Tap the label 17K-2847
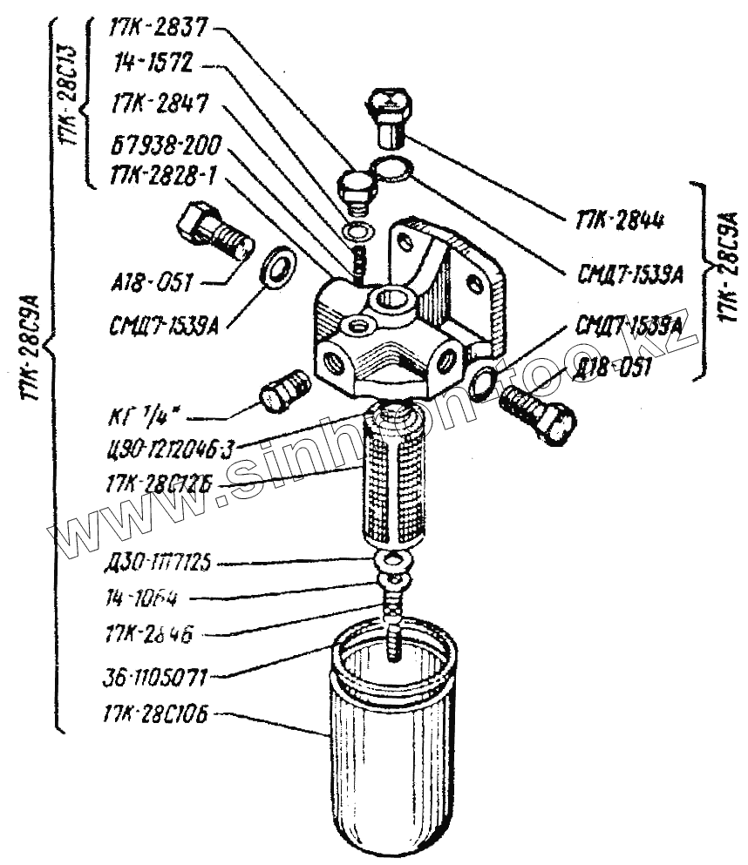tap(159, 104)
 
